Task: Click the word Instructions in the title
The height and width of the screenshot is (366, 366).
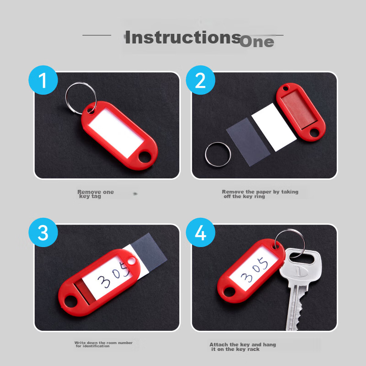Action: (x=182, y=37)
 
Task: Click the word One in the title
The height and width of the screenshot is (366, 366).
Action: (x=257, y=42)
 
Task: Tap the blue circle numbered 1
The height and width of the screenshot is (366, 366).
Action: (x=43, y=81)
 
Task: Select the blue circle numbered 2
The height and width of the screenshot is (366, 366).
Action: (x=200, y=81)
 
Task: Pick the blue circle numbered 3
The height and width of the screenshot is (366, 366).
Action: (x=43, y=233)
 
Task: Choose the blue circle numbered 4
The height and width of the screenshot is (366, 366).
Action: (x=200, y=233)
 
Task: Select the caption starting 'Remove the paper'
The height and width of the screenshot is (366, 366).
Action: (x=259, y=194)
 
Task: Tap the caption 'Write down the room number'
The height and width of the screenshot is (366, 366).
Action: (x=103, y=344)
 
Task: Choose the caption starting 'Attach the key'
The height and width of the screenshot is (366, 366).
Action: (x=242, y=346)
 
